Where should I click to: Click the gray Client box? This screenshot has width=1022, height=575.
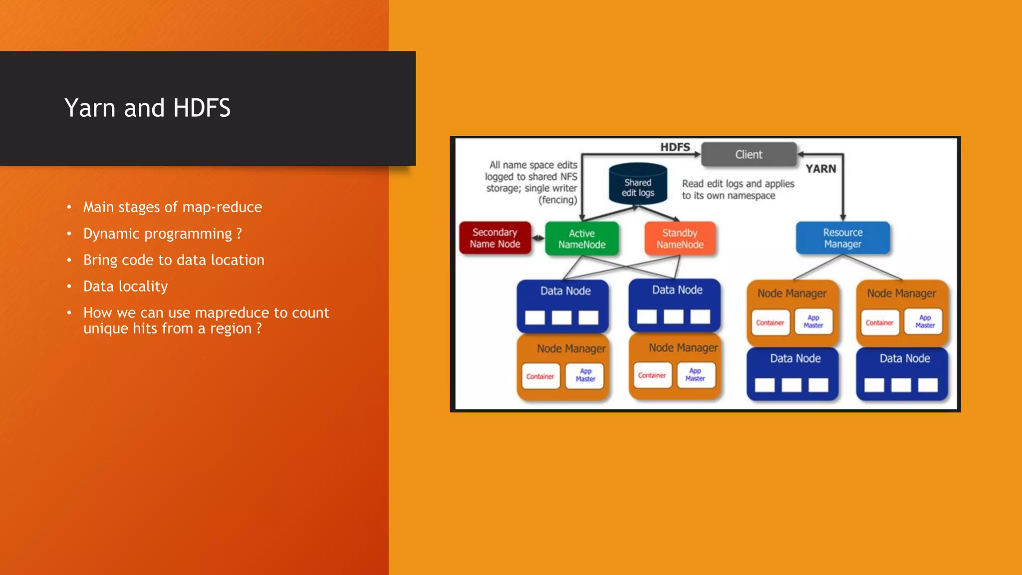coord(749,155)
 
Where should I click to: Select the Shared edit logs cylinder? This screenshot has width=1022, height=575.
coord(638,186)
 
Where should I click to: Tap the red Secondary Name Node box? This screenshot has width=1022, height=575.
coord(495,238)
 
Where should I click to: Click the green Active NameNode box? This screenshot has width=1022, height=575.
coord(582,239)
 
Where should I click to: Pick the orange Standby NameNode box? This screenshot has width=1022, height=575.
coord(680,239)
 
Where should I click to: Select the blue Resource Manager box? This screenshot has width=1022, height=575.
coord(842,238)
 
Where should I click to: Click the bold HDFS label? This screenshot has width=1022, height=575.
coord(675,147)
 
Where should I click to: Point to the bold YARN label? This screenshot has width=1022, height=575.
coord(820,169)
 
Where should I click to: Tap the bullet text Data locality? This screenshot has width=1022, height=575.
coord(125,287)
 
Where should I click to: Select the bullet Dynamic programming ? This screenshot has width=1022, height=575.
coord(162,234)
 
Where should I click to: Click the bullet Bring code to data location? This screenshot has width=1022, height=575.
coord(174,260)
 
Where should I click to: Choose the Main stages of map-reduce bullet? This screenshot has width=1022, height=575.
coord(172,207)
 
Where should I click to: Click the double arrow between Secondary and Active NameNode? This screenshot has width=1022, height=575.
coord(538,238)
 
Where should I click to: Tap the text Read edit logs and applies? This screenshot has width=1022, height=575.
coord(738,184)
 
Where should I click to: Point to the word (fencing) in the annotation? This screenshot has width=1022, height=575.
coord(557,200)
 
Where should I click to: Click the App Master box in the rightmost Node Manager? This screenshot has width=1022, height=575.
coord(925,321)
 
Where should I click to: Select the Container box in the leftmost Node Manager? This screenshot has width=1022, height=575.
coord(540,376)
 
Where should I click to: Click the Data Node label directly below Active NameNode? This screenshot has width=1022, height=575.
coord(565,291)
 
